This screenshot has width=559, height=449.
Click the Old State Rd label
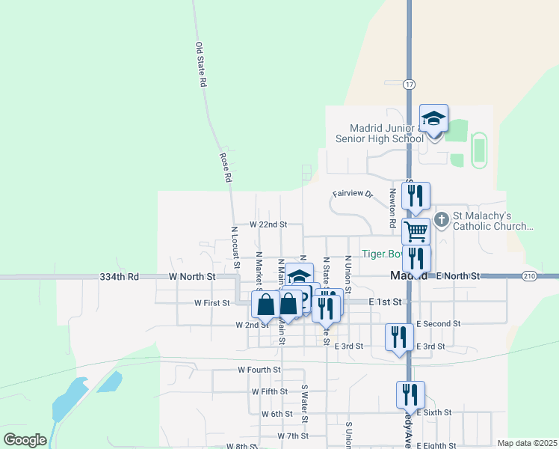coord(200,65)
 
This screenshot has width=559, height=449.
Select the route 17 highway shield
coord(409,84)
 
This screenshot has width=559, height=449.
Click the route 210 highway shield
coord(528,276)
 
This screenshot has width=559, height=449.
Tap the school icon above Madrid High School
coord(433,118)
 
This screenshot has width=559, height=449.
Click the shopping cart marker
coord(416,231)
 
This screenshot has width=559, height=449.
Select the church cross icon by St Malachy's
coord(442,219)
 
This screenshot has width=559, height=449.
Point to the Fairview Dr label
coord(352,194)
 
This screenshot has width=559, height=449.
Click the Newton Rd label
coord(392,207)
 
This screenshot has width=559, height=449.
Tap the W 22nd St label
coord(268,224)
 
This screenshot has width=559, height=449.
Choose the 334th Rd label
coord(120,277)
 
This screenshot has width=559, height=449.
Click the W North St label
coord(192,277)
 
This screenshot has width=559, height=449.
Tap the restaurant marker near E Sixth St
coord(410,394)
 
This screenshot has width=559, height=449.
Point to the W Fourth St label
coord(259,370)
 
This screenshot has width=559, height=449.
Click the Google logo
coord(25,440)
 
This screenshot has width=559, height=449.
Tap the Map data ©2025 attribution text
coord(527,443)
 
